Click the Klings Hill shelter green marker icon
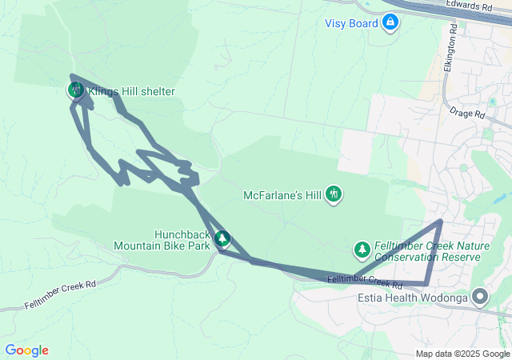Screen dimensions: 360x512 pos(75,90)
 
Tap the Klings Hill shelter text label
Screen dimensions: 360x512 pos(130,92)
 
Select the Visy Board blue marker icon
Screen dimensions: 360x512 pos(390,22)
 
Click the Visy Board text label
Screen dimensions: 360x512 pos(351,23)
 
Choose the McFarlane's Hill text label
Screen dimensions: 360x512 pos(284,195)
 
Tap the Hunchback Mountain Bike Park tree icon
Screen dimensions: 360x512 pos(223,238)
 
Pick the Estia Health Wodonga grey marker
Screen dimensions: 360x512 pos(480,298)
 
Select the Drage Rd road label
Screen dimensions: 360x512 pos(467,114)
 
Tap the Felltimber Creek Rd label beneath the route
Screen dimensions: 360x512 pos(365,281)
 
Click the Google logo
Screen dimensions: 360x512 pos(27,350)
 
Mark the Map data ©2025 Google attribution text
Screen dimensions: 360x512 pos(462,354)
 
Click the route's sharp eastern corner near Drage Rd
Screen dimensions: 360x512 pos(441,221)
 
